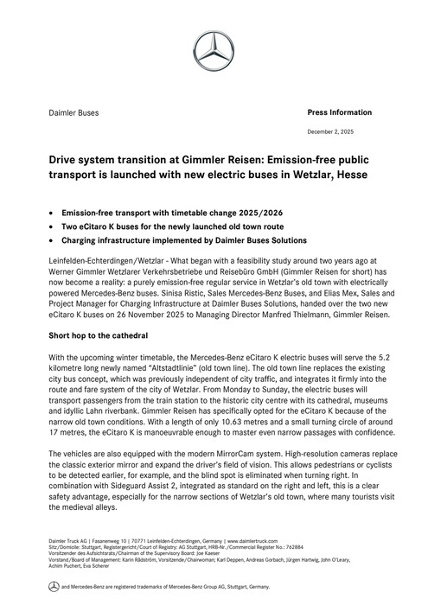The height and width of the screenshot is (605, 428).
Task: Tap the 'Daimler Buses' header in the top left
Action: pyautogui.click(x=73, y=113)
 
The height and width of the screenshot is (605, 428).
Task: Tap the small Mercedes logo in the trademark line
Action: pyautogui.click(x=53, y=587)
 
